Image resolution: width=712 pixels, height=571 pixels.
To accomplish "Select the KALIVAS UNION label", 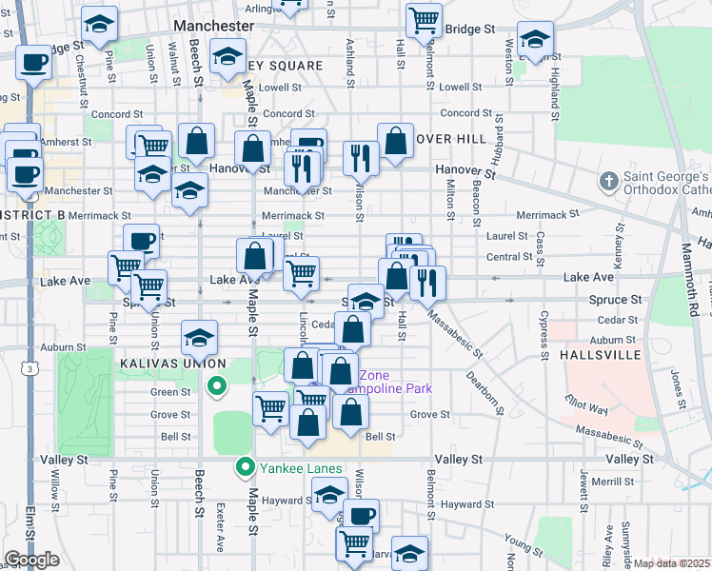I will [172, 364].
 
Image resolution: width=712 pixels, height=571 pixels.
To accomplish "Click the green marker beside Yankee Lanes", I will [246, 467].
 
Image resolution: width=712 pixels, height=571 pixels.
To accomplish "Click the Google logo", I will [31, 560].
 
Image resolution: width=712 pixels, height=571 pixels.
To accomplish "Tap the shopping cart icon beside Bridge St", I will [423, 19].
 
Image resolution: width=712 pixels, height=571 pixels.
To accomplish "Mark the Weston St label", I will [510, 57].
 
